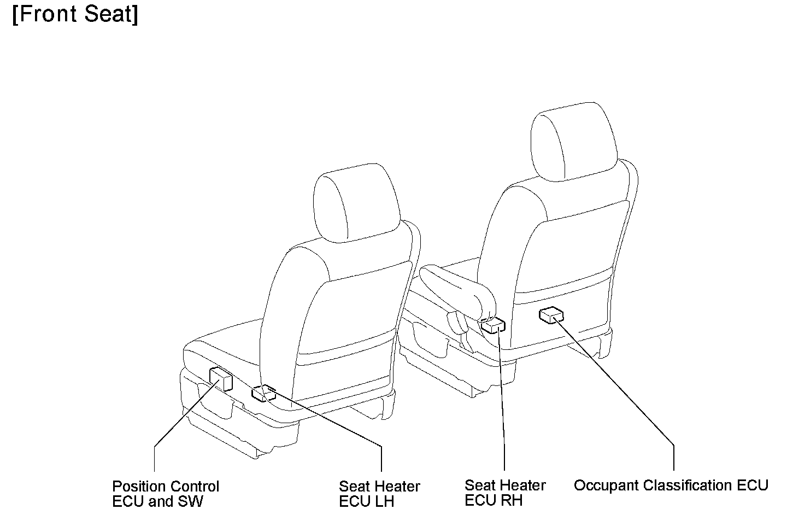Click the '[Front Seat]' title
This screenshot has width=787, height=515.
(x=75, y=15)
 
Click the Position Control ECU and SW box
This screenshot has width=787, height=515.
(x=221, y=379)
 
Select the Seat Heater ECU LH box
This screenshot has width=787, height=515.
(x=263, y=394)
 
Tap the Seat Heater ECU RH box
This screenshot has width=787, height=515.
(x=493, y=325)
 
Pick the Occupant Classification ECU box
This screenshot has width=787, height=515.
(x=551, y=315)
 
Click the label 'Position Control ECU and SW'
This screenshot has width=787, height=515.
(x=166, y=494)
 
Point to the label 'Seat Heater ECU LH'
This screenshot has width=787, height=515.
(x=379, y=494)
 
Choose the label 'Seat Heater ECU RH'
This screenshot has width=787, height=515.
(x=505, y=493)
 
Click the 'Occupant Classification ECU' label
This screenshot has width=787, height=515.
(x=671, y=485)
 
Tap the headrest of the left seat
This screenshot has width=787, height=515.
(x=356, y=203)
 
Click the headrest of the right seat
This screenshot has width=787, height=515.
(x=574, y=142)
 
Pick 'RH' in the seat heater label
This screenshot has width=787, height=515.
(x=512, y=501)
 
